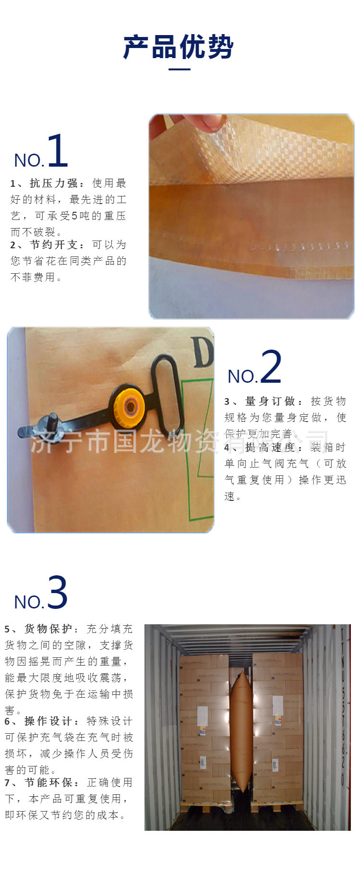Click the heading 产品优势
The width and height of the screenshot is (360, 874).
click(179, 47)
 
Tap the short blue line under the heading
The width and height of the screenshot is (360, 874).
click(180, 70)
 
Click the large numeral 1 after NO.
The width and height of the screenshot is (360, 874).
click(58, 151)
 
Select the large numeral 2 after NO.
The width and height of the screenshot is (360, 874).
click(271, 367)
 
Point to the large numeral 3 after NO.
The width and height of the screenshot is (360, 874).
click(58, 593)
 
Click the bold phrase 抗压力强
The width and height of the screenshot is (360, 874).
click(53, 183)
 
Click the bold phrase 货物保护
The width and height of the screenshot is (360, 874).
click(48, 629)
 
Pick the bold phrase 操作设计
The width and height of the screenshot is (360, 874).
click(48, 721)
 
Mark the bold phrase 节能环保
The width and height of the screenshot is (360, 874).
click(48, 783)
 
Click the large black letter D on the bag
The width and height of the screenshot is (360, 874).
click(202, 353)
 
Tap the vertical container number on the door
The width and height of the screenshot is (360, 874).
click(344, 706)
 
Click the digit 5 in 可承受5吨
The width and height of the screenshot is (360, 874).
click(74, 216)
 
